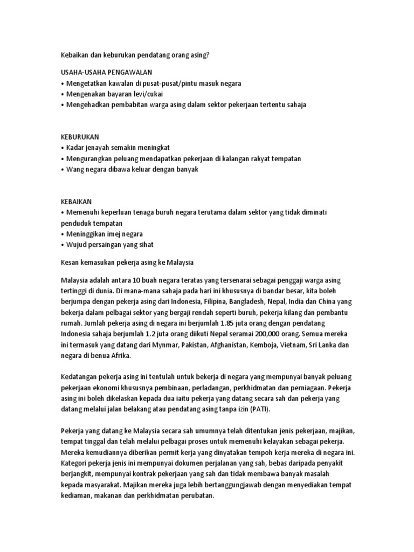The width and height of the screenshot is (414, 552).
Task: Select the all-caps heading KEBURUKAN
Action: (x=80, y=136)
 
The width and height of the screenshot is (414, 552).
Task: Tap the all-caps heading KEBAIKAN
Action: (x=77, y=201)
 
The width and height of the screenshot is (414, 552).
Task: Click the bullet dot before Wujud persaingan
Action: (x=63, y=245)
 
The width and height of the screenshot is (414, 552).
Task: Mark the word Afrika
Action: (x=118, y=356)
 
